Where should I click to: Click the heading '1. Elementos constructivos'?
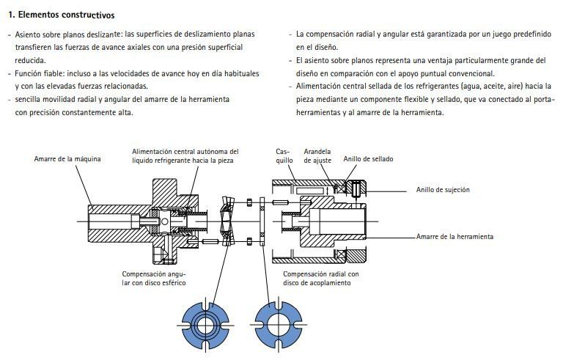tap(61, 15)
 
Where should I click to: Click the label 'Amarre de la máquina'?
tap(67, 159)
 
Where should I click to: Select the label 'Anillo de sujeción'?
tap(443, 189)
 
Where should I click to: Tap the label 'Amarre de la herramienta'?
tap(455, 237)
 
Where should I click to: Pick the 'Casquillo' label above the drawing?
tap(284, 155)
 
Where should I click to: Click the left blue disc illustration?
tap(206, 323)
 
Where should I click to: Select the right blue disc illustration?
tap(278, 323)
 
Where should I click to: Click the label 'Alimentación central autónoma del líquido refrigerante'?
tap(185, 155)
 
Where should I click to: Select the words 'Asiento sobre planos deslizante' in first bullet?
tap(68, 34)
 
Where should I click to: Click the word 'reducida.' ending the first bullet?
tap(31, 60)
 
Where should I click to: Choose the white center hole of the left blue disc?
tap(206, 323)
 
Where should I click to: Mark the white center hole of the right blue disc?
tap(278, 323)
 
